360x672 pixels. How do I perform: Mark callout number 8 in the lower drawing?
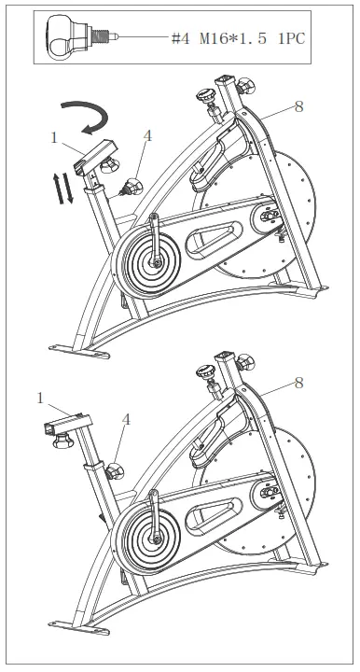click(x=298, y=382)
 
